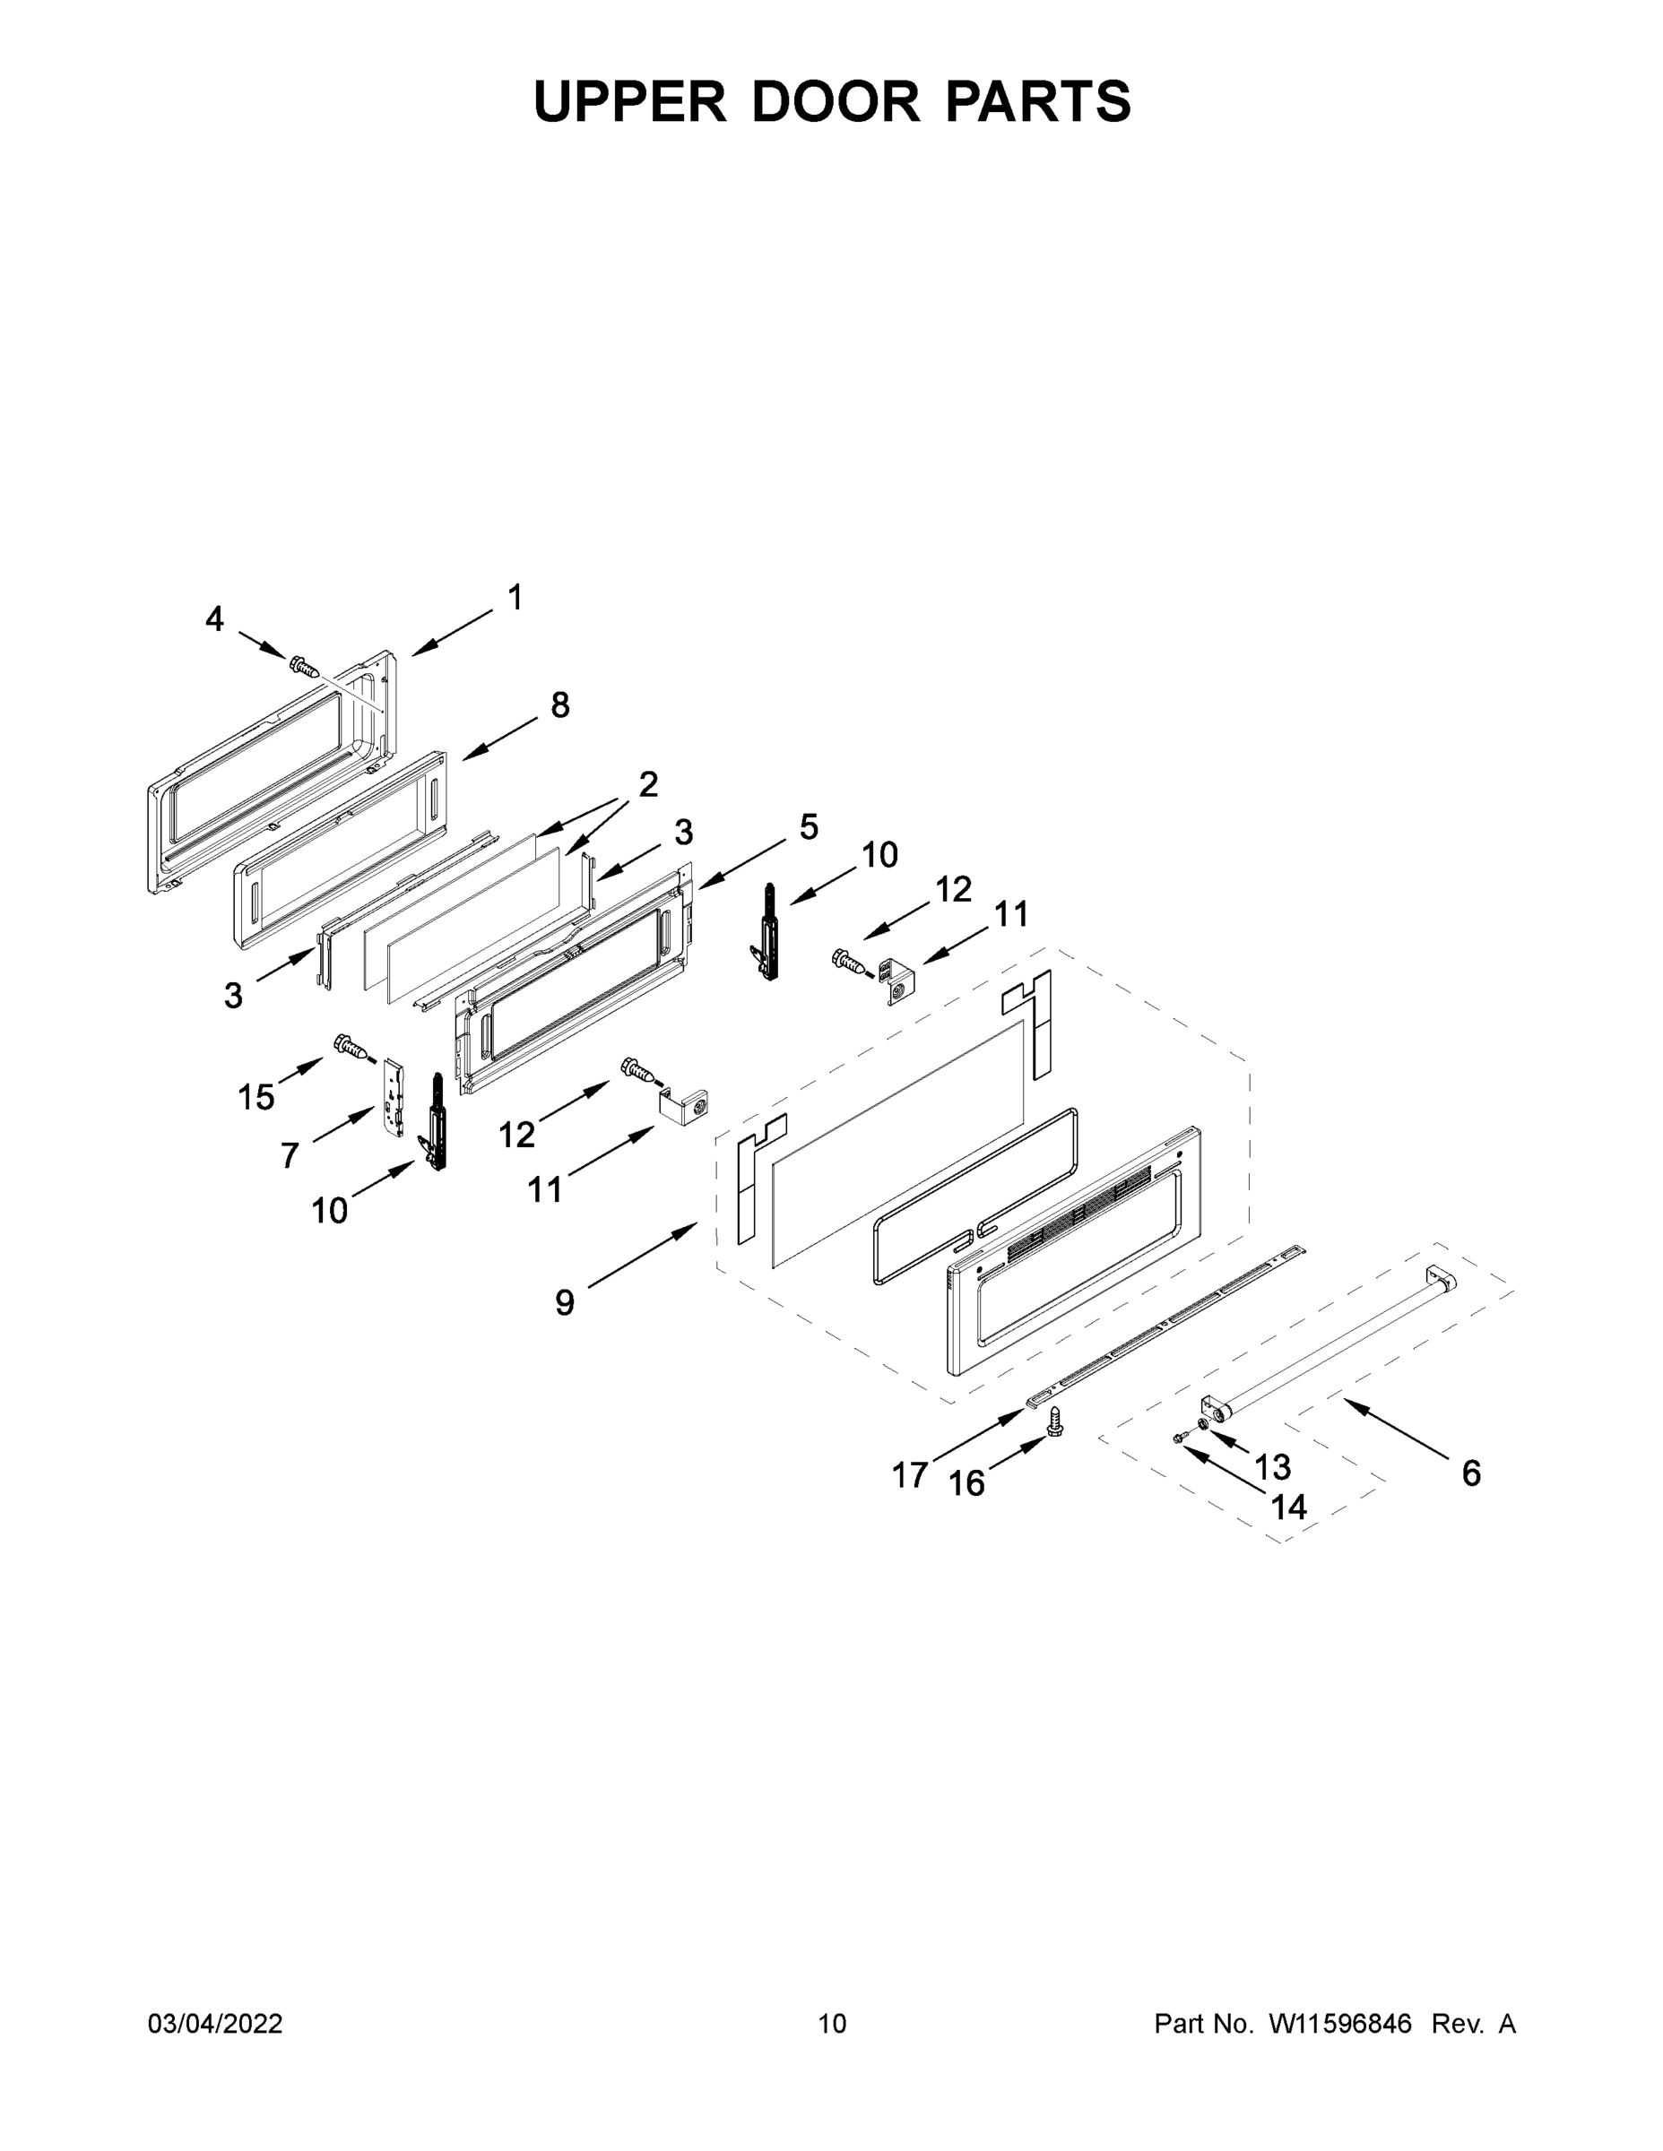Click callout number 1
tap(515, 597)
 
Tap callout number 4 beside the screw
tap(215, 619)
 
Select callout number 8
tap(559, 705)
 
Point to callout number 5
tap(808, 826)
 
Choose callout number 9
tap(565, 1302)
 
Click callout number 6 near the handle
tap(1471, 1473)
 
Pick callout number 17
tap(909, 1475)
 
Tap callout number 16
tap(966, 1483)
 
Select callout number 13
tap(1273, 1467)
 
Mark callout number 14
tap(1288, 1507)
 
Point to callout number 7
tap(289, 1155)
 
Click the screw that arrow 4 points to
tap(305, 667)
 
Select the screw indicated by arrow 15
tap(352, 1046)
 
